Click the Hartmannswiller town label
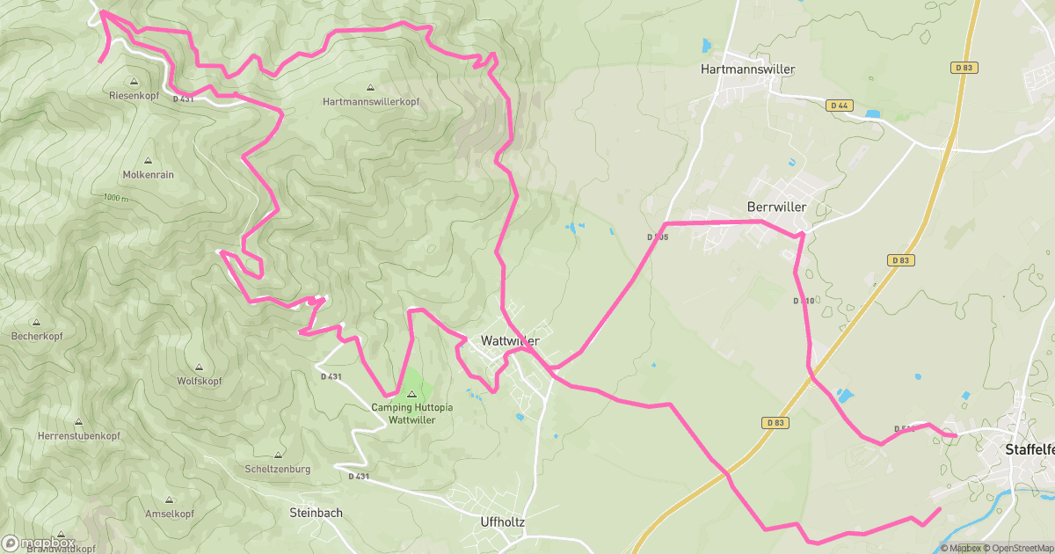[747, 69]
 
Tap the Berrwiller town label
[775, 207]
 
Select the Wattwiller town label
[510, 340]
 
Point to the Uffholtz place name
[503, 521]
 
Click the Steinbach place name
[316, 513]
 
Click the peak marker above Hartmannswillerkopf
[370, 88]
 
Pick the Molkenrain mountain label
[149, 175]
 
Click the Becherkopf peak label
[37, 337]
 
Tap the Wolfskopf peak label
[199, 382]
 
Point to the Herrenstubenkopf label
[78, 436]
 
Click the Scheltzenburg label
[278, 470]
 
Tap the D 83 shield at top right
[964, 68]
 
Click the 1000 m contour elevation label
[114, 199]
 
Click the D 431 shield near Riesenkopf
[183, 99]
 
